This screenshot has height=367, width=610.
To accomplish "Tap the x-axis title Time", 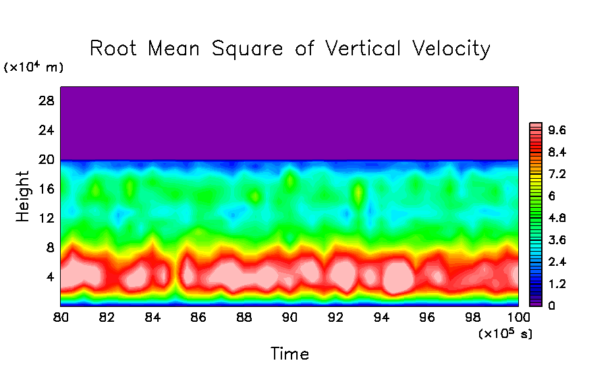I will point(289,354).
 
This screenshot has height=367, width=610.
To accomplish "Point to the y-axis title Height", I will point(24,196).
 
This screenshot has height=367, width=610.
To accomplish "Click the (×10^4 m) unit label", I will point(33,67).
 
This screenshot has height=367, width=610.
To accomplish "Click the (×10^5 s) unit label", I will point(505,334).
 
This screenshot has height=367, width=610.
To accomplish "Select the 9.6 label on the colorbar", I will point(557,130).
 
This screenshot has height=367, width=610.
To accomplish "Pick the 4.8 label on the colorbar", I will point(557,218).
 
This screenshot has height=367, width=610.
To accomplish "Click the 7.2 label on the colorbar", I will point(557,174).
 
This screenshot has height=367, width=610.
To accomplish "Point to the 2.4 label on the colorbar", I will point(557,262).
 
